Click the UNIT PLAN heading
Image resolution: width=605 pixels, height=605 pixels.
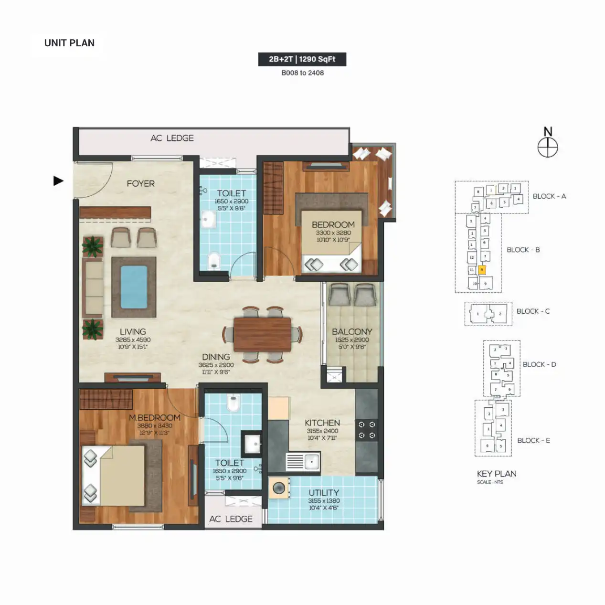pos(69,43)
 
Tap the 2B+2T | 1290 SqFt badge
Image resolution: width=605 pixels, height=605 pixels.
pos(302,59)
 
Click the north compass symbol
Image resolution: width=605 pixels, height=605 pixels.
pos(548,147)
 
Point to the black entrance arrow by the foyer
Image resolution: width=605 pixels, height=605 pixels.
pos(58,181)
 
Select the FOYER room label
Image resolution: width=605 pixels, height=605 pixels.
pos(140,184)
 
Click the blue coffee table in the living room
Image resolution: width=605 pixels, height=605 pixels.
pos(134,287)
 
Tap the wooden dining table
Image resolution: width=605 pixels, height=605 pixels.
pos(262,334)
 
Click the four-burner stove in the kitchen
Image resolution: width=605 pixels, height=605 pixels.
pos(367,430)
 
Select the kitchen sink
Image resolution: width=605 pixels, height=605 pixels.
pos(303,462)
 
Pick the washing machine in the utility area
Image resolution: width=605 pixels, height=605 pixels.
pos(279,488)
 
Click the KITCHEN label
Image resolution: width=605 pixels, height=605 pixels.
pos(322,423)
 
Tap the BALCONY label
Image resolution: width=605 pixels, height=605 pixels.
pos(352,332)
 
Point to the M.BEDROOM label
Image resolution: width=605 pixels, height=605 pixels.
pos(154,418)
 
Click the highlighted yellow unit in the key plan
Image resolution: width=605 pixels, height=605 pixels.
pos(482,270)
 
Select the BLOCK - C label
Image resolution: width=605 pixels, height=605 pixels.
pos(533,311)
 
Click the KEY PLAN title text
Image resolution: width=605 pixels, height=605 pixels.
pos(497,474)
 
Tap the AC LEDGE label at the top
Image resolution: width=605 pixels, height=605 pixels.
pos(172,138)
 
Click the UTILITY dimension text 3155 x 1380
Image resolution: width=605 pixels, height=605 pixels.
pos(324,501)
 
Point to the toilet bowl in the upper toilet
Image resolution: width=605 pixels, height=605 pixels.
pos(214,260)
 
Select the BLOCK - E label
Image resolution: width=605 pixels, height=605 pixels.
pos(533,441)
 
